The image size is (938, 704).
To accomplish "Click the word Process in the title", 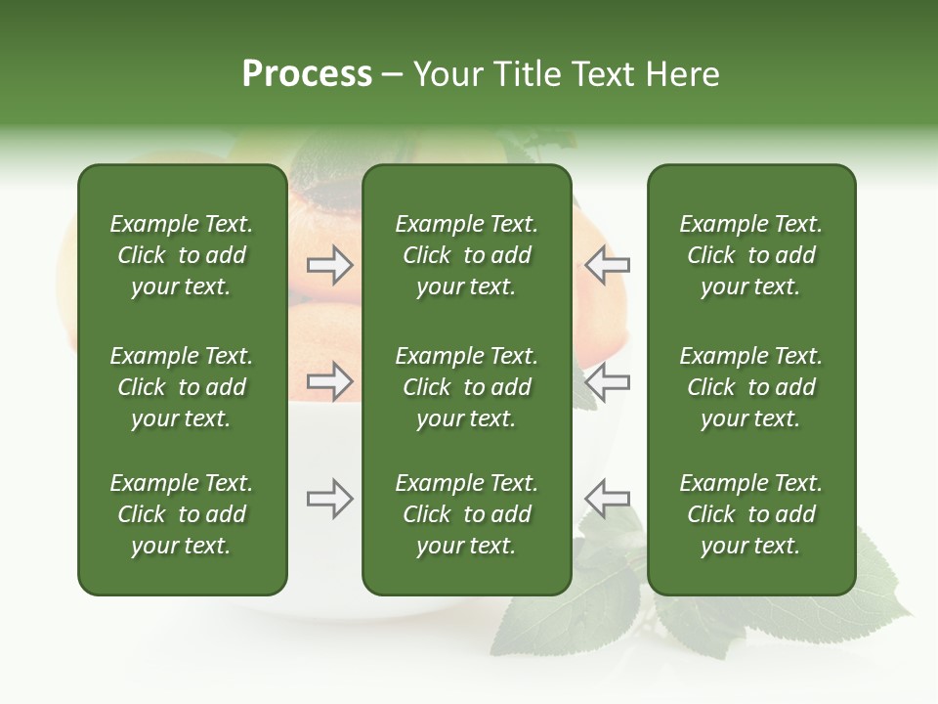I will click(x=307, y=74).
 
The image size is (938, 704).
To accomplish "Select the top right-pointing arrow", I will click(x=330, y=265).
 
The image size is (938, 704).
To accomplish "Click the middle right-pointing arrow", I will click(x=330, y=380).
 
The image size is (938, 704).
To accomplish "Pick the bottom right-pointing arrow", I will click(x=330, y=499).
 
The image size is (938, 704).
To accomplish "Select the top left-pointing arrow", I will click(x=607, y=265).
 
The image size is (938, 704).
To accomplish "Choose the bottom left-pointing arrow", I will click(x=607, y=499).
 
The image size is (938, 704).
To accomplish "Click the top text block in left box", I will click(x=182, y=255).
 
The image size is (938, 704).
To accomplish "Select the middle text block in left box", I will click(x=182, y=387).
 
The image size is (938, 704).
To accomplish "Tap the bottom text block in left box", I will click(x=182, y=514).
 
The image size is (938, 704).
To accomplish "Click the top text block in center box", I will click(x=466, y=255).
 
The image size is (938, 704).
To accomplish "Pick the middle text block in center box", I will click(x=466, y=387).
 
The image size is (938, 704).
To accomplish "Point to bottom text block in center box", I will click(x=466, y=514).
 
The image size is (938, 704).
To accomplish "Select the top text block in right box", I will click(x=750, y=255).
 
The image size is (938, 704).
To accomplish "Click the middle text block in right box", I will click(x=750, y=387).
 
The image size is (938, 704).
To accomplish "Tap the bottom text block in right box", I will click(x=750, y=514).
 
